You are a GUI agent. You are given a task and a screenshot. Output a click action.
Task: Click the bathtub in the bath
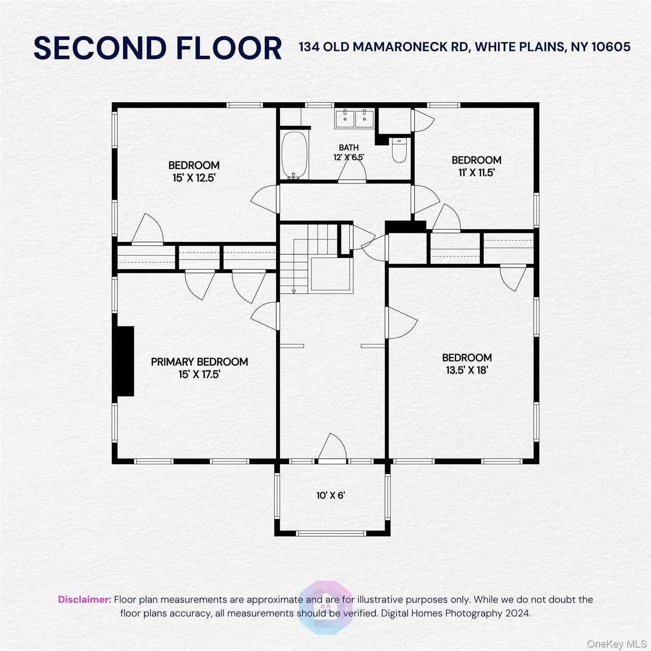[x=294, y=155]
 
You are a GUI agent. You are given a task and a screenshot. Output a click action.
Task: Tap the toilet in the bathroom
[x=399, y=150]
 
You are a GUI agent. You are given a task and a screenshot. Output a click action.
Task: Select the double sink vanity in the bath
[x=354, y=118]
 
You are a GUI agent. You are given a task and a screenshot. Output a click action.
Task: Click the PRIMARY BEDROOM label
[x=199, y=362]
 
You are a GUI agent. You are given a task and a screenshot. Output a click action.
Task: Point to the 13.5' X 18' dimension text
[x=467, y=370]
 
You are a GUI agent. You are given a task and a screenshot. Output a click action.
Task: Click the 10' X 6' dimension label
[x=331, y=495]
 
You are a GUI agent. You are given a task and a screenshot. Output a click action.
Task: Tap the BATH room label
[x=348, y=147]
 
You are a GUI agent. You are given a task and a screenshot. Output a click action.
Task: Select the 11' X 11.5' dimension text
[x=476, y=172]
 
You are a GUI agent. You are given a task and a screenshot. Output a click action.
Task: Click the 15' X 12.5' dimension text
[x=194, y=178]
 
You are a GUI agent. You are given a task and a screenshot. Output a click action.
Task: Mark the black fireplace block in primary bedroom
[x=125, y=361]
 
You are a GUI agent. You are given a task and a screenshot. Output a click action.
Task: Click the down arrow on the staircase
[x=293, y=291]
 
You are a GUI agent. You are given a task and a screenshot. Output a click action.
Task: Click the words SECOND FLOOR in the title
[x=158, y=48]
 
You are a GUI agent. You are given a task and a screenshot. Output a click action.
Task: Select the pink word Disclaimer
[x=84, y=599]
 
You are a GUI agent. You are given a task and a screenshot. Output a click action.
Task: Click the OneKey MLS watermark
[x=616, y=644]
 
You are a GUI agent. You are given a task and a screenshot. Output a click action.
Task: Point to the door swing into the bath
[x=352, y=172]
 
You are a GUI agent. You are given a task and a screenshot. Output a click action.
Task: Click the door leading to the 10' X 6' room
[x=332, y=448]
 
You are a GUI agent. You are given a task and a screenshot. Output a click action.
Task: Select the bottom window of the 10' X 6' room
[x=331, y=533]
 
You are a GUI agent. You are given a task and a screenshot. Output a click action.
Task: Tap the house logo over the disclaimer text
[x=325, y=607]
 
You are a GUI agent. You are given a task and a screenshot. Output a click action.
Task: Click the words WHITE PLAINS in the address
[x=520, y=47]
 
